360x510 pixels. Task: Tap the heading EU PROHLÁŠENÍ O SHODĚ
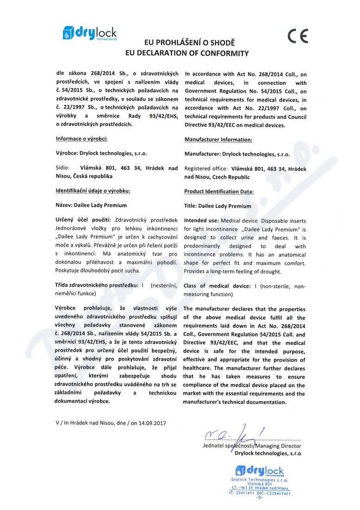[x=187, y=42]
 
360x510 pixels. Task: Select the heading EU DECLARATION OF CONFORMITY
[x=187, y=53]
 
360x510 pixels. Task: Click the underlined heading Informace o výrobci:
[x=82, y=139]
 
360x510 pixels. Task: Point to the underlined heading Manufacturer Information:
[x=218, y=140]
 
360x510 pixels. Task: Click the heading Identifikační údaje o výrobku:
[x=93, y=191]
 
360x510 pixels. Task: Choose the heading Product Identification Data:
[x=219, y=191]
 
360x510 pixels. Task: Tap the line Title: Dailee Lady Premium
[x=218, y=206]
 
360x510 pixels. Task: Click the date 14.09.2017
[x=152, y=423]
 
